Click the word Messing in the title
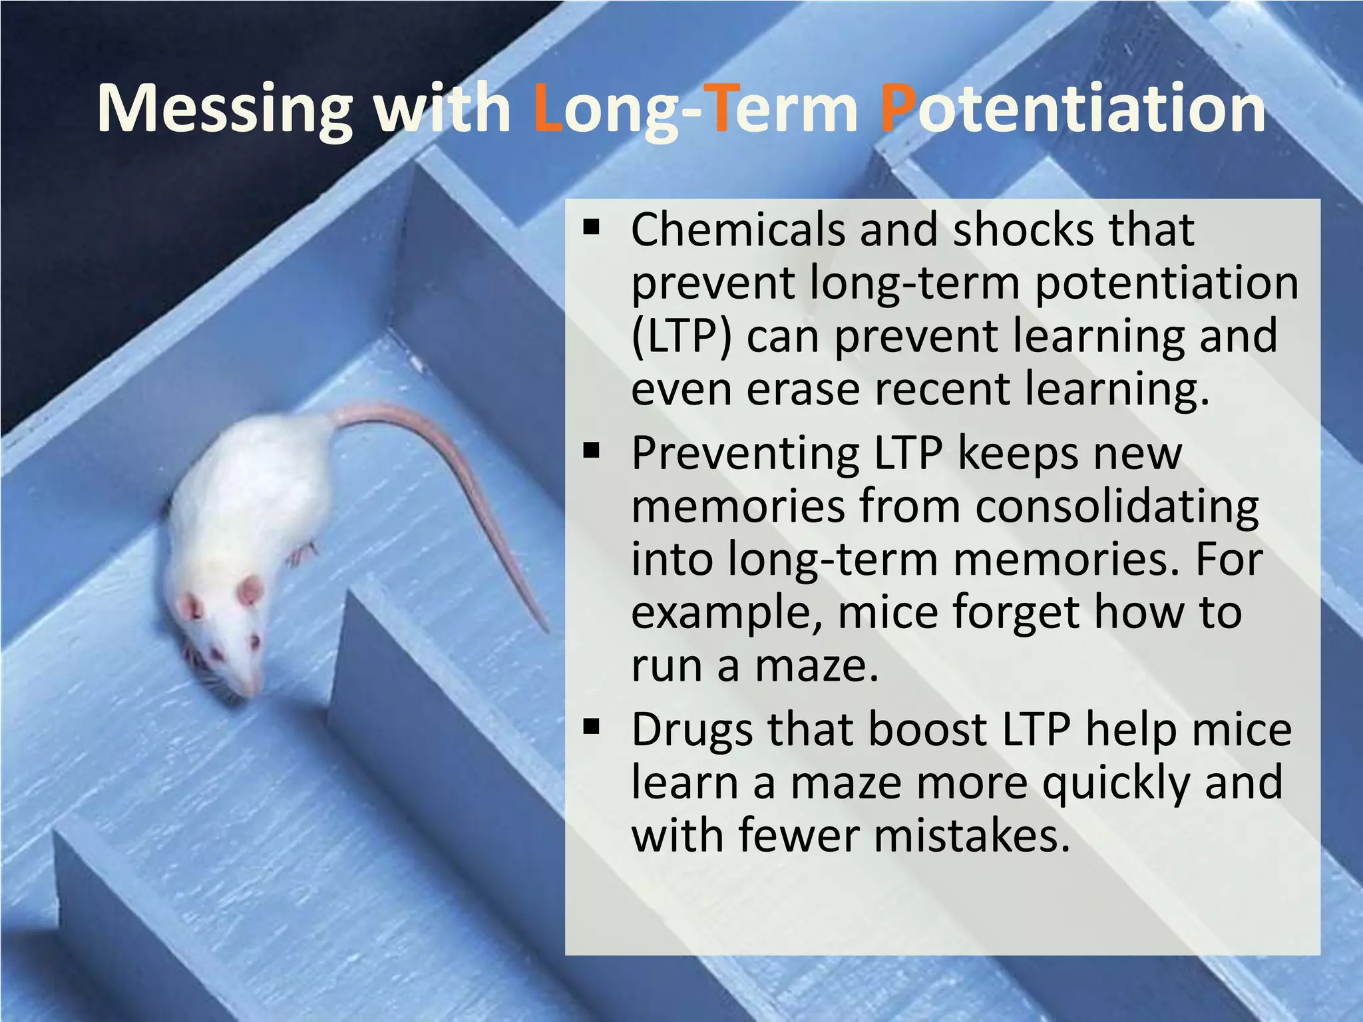click(224, 110)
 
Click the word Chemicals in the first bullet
click(737, 230)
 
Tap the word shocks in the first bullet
click(1022, 230)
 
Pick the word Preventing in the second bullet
click(745, 455)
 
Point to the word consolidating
click(1117, 507)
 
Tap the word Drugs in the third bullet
click(691, 731)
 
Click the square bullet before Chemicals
click(590, 228)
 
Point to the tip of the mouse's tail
click(547, 629)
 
